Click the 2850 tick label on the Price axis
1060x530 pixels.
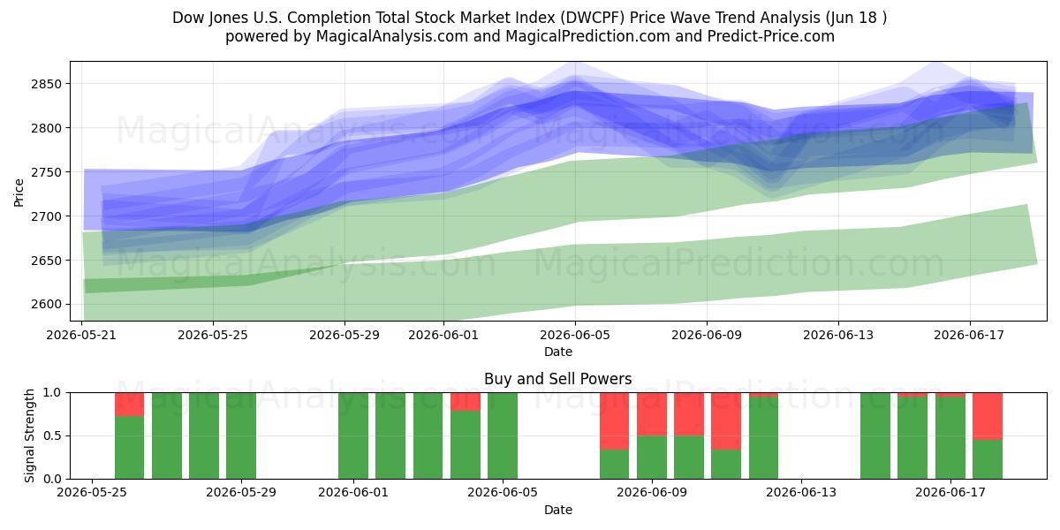tap(46, 84)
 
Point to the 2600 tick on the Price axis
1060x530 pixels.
tap(46, 304)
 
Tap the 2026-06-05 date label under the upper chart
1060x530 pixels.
tap(575, 335)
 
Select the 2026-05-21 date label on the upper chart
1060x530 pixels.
tap(81, 335)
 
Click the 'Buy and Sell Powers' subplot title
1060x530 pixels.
tap(558, 379)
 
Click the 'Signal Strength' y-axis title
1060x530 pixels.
tap(29, 435)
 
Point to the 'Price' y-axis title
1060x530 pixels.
tap(19, 193)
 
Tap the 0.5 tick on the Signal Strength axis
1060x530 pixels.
tap(52, 435)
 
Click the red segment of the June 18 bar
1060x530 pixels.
tap(988, 416)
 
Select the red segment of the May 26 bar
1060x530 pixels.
tap(129, 405)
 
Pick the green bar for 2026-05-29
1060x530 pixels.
tap(241, 435)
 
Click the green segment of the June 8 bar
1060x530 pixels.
tap(614, 465)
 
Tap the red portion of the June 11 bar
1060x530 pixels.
tap(726, 421)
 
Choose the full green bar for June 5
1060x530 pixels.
tap(503, 435)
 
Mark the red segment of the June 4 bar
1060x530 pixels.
tap(466, 402)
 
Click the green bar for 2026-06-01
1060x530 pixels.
tap(353, 435)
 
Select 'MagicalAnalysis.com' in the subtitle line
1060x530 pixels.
tap(392, 36)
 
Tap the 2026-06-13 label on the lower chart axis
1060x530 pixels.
tap(800, 493)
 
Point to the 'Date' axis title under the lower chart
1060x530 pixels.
tap(558, 511)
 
